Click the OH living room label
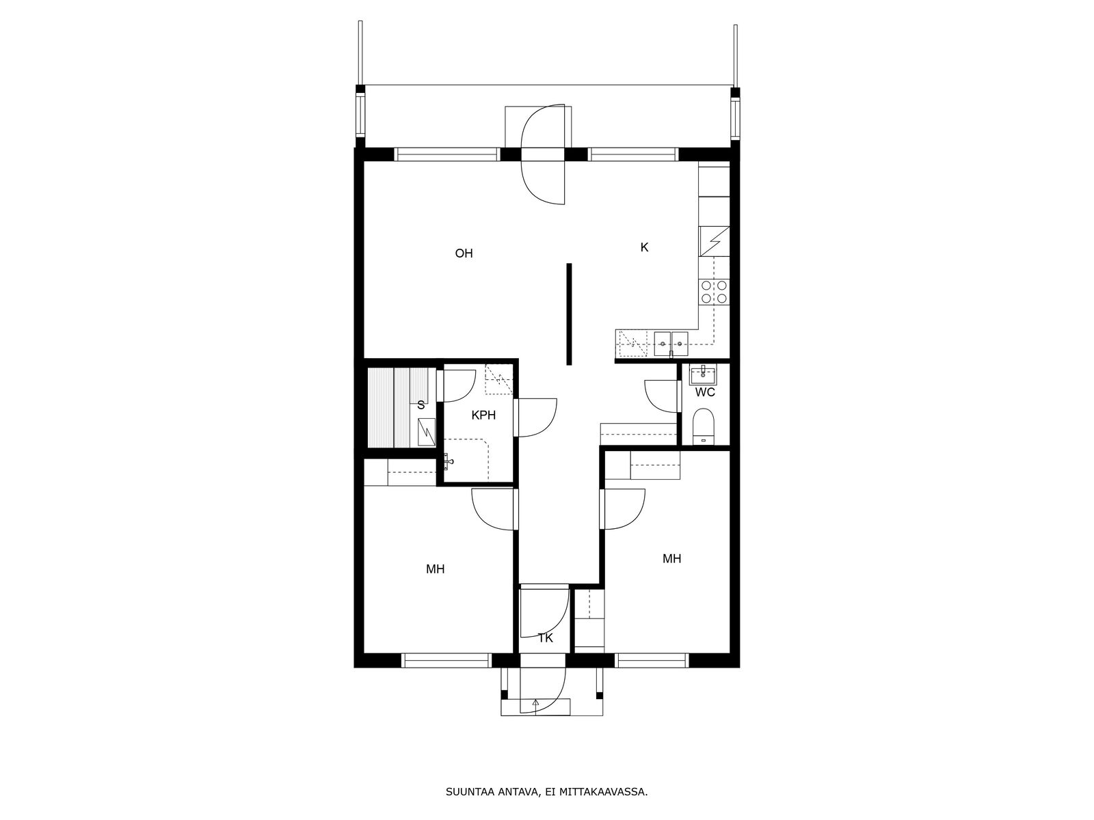click(x=464, y=254)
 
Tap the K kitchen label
click(x=644, y=247)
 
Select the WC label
click(x=705, y=392)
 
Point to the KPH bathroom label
click(x=483, y=415)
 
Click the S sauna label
click(x=421, y=405)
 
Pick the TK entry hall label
click(x=545, y=638)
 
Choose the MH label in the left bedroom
click(x=435, y=569)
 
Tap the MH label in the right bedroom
click(x=672, y=558)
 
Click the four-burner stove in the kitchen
click(x=714, y=292)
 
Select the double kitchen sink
click(x=671, y=343)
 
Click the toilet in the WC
click(x=704, y=426)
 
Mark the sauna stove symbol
click(x=426, y=432)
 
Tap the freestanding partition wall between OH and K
click(x=569, y=314)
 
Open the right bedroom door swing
click(x=622, y=509)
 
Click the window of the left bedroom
click(x=446, y=661)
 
